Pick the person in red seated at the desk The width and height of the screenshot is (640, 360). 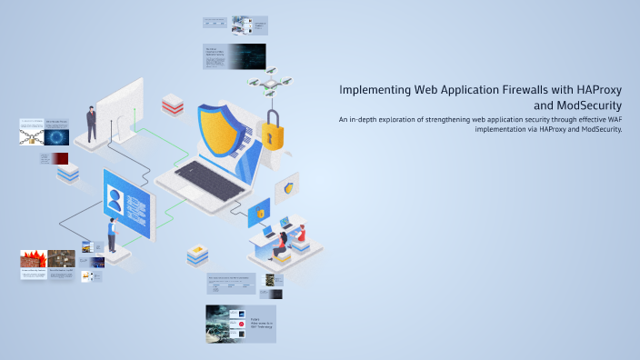pos(283,240)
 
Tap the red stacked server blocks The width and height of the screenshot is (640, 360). pos(173,106)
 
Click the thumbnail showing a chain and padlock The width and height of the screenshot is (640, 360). pos(31,137)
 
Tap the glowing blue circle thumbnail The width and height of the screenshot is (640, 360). pos(58,136)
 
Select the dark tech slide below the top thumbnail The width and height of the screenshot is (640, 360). pos(235,55)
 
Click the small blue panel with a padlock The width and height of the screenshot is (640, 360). pos(260,213)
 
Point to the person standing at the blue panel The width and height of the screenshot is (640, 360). pos(113,235)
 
